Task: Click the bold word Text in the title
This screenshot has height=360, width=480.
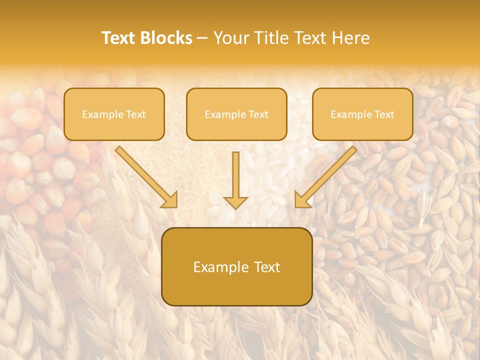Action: (119, 38)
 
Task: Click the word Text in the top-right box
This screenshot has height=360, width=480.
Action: (384, 114)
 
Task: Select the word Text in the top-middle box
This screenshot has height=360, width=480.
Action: (258, 114)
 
